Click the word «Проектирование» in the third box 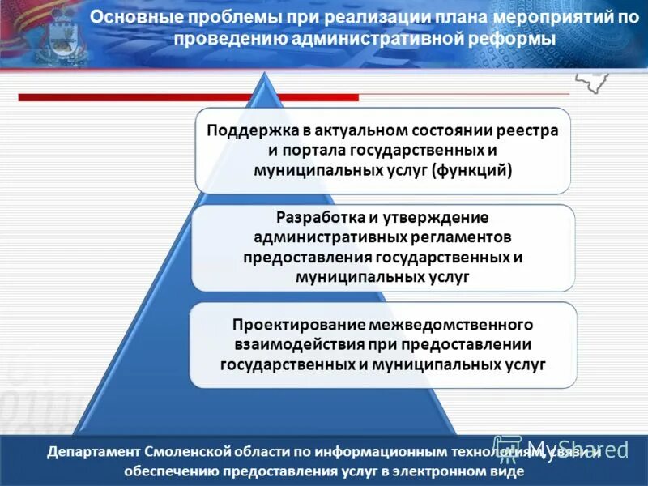click(x=299, y=325)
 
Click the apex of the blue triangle click(x=263, y=75)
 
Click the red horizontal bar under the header click(x=186, y=97)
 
